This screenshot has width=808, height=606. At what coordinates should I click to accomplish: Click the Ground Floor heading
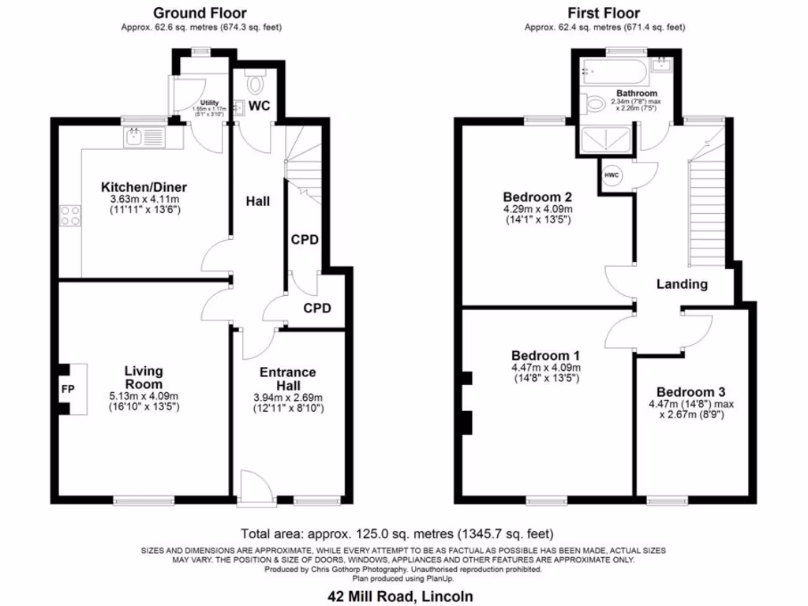[200, 13]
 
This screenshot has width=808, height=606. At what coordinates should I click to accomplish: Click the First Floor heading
[604, 13]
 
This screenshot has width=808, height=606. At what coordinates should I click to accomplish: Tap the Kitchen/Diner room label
[144, 187]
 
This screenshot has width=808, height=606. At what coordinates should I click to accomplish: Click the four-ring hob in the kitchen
[70, 215]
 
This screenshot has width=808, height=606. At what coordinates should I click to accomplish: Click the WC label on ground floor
[260, 106]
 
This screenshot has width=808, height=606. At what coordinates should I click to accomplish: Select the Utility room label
[209, 103]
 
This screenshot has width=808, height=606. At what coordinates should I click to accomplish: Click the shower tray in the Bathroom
[606, 140]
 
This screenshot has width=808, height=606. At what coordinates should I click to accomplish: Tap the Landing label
[682, 284]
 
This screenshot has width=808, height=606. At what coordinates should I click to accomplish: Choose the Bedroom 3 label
[690, 392]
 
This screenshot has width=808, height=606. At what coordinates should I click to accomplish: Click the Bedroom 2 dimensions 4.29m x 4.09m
[537, 209]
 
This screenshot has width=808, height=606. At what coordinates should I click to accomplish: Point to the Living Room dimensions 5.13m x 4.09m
[143, 396]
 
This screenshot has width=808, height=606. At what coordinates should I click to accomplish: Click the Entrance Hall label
[290, 378]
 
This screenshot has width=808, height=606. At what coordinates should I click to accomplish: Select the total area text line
[403, 533]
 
